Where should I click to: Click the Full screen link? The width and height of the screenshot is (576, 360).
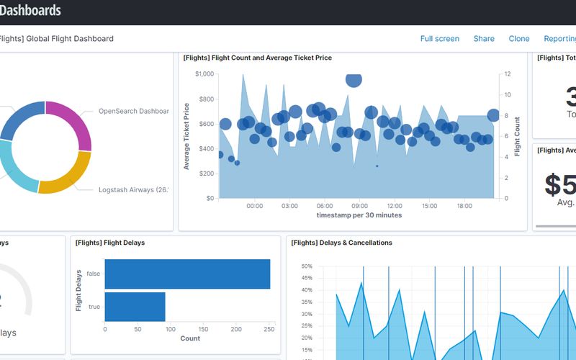point(439,39)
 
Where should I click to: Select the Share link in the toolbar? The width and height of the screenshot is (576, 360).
point(484,39)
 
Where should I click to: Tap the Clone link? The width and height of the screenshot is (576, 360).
point(518,39)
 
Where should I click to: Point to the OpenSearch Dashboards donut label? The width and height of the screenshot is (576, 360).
point(133,112)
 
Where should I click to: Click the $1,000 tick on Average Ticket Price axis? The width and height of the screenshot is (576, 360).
point(204,74)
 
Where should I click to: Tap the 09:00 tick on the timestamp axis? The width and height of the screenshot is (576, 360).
point(360,206)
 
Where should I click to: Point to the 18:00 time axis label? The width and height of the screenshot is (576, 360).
point(464,206)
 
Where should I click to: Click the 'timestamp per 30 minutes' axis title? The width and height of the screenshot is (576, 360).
point(359,215)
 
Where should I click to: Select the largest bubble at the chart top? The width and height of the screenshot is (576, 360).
point(354,78)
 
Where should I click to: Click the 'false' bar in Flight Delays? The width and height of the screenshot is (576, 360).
point(187,274)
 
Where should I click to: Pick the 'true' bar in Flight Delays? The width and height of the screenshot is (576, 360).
point(135,307)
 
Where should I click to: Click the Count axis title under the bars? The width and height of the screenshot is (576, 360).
point(190,338)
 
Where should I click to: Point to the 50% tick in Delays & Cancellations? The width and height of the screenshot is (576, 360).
point(306,266)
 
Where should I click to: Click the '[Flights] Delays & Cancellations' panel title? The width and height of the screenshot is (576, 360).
point(341,243)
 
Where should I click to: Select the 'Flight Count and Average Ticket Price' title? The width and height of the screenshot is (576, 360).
point(257,58)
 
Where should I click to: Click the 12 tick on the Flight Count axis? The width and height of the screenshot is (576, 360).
point(508,74)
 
